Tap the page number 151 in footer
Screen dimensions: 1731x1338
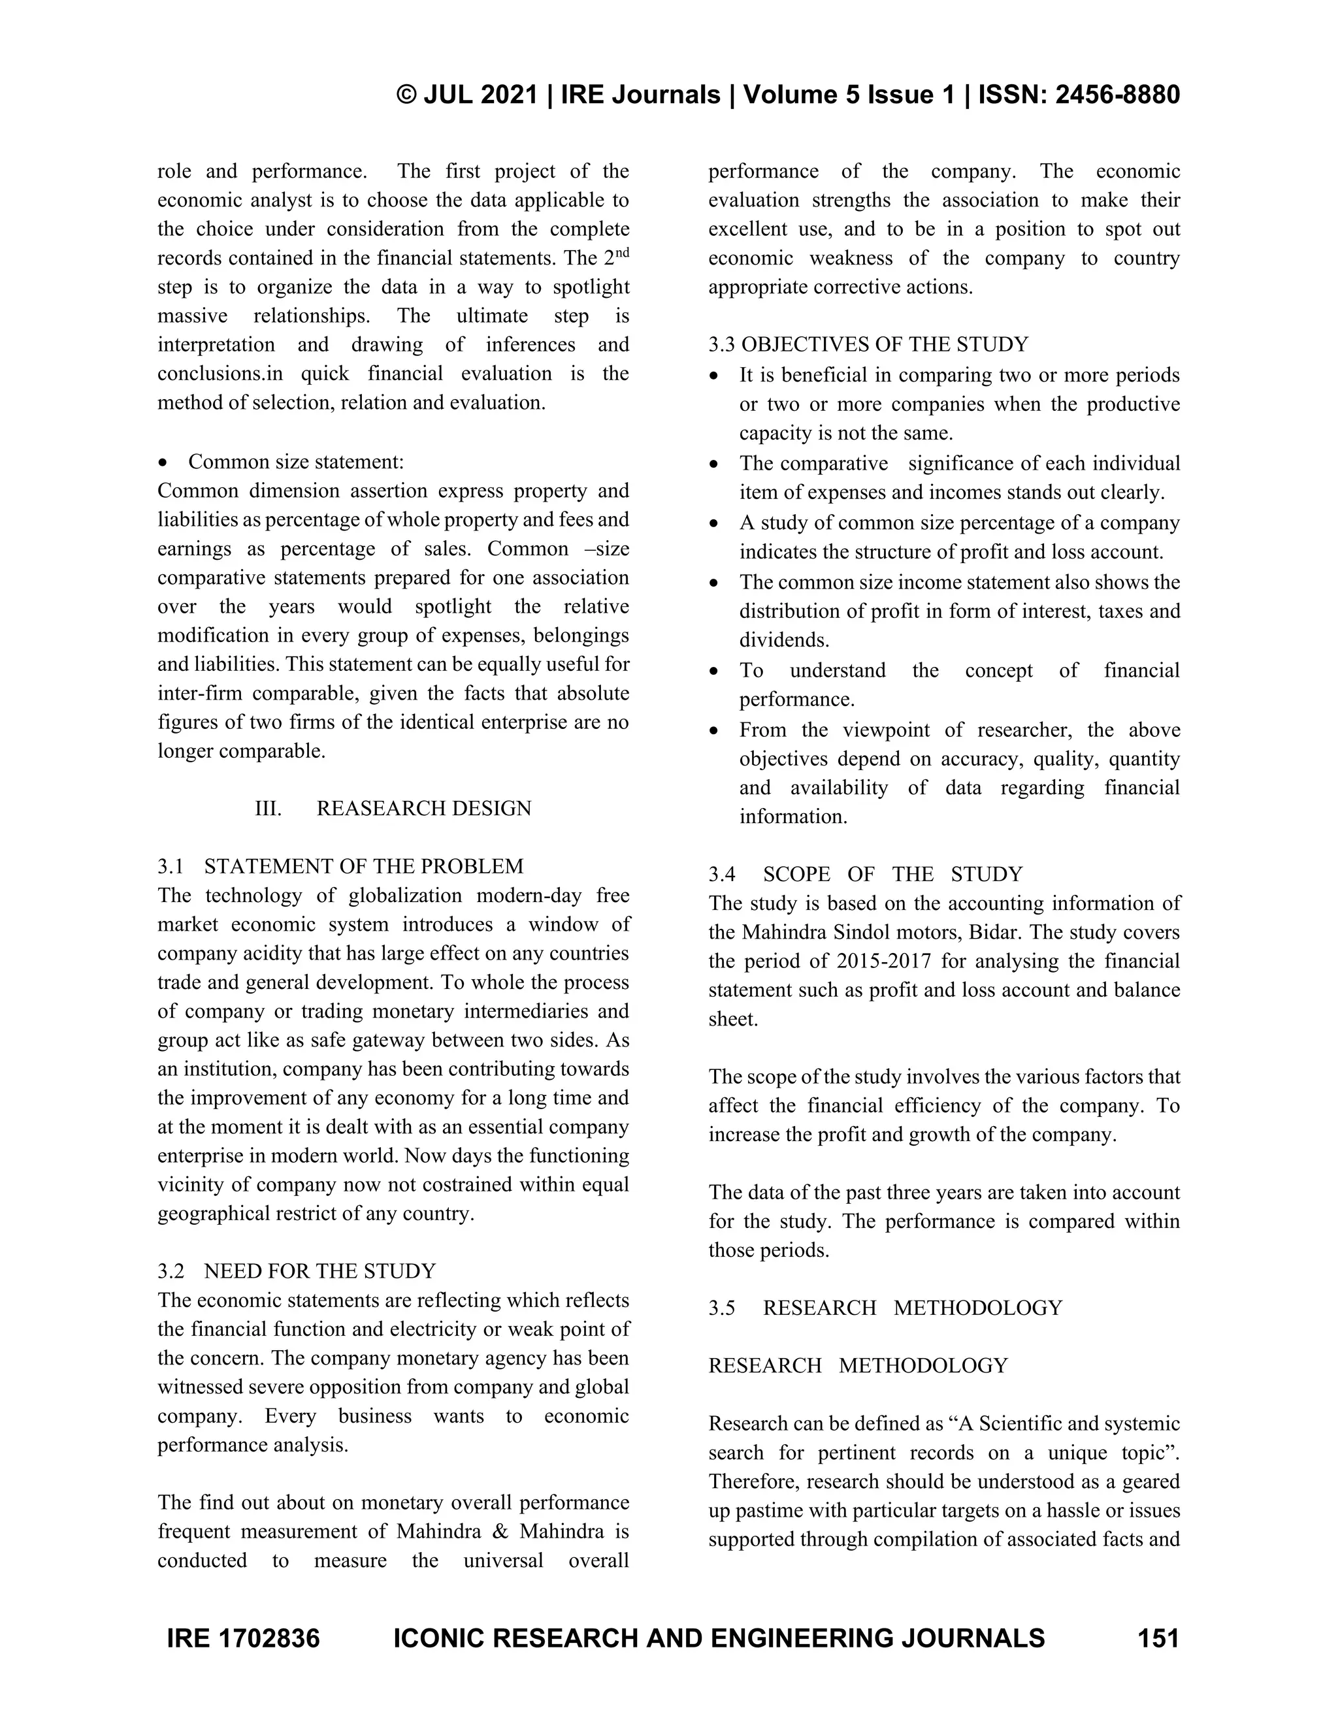tap(1158, 1638)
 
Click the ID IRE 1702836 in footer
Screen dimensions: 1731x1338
tap(242, 1638)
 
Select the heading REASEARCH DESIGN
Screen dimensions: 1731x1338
tap(423, 809)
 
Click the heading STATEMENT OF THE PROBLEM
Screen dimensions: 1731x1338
tap(363, 866)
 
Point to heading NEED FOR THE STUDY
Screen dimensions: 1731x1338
tap(319, 1271)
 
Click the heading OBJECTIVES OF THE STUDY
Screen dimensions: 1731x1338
tap(885, 345)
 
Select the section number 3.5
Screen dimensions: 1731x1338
tap(721, 1308)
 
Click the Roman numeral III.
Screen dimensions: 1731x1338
tap(268, 809)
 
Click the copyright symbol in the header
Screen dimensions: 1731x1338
tap(406, 95)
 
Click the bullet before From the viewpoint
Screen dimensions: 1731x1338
tap(715, 731)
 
